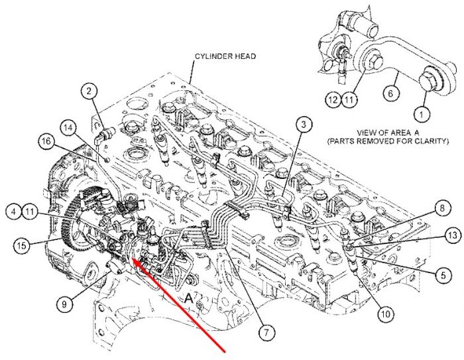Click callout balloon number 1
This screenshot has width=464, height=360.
pyautogui.click(x=422, y=113)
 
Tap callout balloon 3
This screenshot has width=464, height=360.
pyautogui.click(x=304, y=125)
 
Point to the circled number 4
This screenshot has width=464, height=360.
pyautogui.click(x=14, y=211)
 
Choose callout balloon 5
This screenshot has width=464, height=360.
pyautogui.click(x=443, y=275)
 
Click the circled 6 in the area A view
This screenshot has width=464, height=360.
pyautogui.click(x=390, y=93)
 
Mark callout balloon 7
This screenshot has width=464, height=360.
pyautogui.click(x=266, y=333)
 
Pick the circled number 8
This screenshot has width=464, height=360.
pyautogui.click(x=442, y=208)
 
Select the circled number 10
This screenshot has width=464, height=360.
pyautogui.click(x=386, y=314)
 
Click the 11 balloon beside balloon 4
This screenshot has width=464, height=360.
pyautogui.click(x=30, y=211)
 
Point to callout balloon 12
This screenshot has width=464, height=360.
pyautogui.click(x=333, y=99)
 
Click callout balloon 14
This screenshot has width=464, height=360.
pyautogui.click(x=68, y=128)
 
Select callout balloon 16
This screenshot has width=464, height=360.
pyautogui.click(x=46, y=141)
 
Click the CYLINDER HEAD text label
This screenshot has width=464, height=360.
pyautogui.click(x=225, y=56)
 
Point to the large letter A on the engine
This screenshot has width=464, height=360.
pyautogui.click(x=188, y=298)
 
